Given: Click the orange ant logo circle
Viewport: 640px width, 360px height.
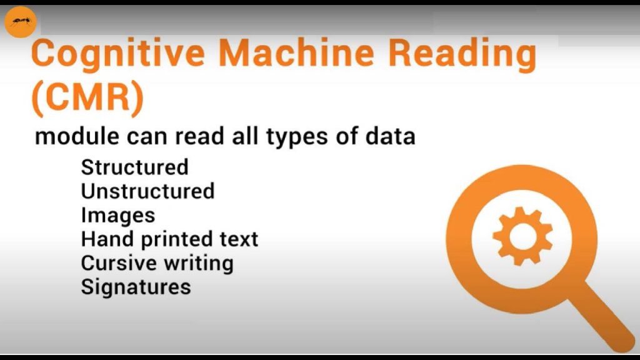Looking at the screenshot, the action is pyautogui.click(x=21, y=22).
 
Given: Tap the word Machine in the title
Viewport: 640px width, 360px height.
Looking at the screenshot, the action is pyautogui.click(x=297, y=53).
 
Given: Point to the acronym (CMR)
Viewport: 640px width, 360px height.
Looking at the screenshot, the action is pyautogui.click(x=87, y=98).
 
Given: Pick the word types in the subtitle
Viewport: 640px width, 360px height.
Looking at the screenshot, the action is pyautogui.click(x=297, y=137).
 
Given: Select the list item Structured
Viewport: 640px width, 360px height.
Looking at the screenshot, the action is pyautogui.click(x=135, y=167).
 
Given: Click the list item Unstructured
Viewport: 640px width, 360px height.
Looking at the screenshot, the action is pyautogui.click(x=147, y=191).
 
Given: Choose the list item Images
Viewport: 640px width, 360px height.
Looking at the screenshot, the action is pyautogui.click(x=118, y=216).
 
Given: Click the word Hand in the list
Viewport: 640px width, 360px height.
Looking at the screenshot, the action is pyautogui.click(x=107, y=239).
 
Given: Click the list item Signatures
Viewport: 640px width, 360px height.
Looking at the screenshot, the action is pyautogui.click(x=136, y=287).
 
